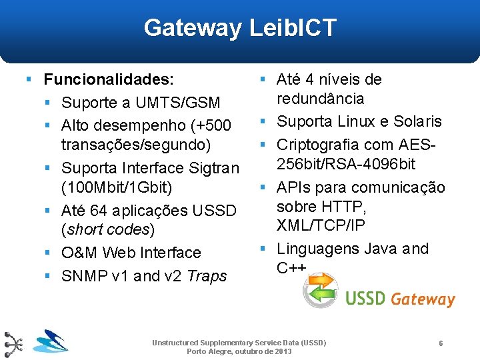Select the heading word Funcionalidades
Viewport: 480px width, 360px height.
tap(109, 80)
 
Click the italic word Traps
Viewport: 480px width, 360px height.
tap(207, 276)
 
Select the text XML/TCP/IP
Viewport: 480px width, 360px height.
tap(321, 225)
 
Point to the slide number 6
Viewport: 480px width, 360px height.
tap(441, 343)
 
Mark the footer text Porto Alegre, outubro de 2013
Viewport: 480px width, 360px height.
tap(239, 351)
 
